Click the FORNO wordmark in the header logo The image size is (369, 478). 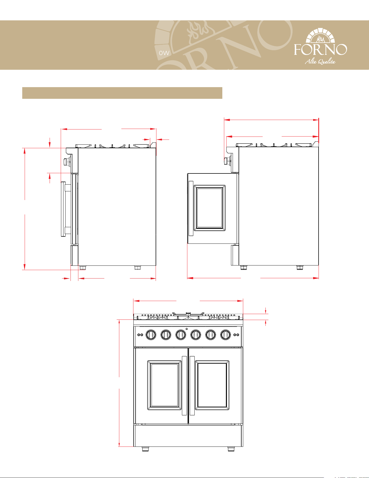point(320,49)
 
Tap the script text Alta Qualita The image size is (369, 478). point(320,62)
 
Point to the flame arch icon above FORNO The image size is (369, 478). point(320,35)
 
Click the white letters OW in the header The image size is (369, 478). point(164,53)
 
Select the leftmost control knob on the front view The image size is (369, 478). point(151,335)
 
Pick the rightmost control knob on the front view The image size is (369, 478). point(225,335)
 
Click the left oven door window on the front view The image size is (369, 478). point(164,385)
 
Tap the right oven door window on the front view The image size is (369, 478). point(212,385)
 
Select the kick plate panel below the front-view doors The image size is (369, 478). point(188,435)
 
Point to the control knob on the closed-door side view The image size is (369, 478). point(66,162)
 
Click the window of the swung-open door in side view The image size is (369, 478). point(210,208)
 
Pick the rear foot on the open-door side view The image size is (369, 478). point(300,268)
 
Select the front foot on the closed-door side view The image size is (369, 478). point(82,268)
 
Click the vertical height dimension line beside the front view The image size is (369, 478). point(119,383)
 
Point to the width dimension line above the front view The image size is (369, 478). point(188,301)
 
